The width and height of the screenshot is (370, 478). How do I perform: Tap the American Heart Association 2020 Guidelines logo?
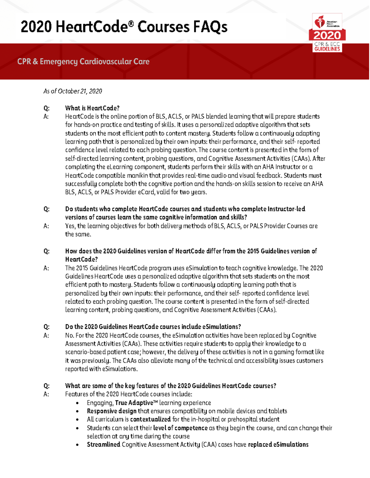click(x=327, y=33)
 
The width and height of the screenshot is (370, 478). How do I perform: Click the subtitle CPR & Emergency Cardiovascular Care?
click(x=83, y=62)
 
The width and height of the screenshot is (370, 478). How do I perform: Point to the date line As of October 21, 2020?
click(x=72, y=91)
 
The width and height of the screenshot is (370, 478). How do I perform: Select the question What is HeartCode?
click(x=92, y=108)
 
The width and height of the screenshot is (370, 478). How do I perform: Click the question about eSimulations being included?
click(x=153, y=327)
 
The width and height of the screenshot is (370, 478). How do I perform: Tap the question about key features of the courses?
click(x=171, y=386)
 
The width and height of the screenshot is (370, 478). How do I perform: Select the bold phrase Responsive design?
click(x=112, y=411)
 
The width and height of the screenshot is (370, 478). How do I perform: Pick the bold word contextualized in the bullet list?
click(x=150, y=419)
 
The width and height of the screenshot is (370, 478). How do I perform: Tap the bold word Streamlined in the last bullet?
click(x=104, y=444)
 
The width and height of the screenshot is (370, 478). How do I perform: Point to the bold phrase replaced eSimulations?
click(x=278, y=444)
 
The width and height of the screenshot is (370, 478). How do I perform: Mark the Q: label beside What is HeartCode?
click(x=46, y=108)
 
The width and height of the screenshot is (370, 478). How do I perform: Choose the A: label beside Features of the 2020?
click(x=46, y=394)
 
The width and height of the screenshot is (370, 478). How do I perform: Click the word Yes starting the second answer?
click(x=70, y=226)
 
